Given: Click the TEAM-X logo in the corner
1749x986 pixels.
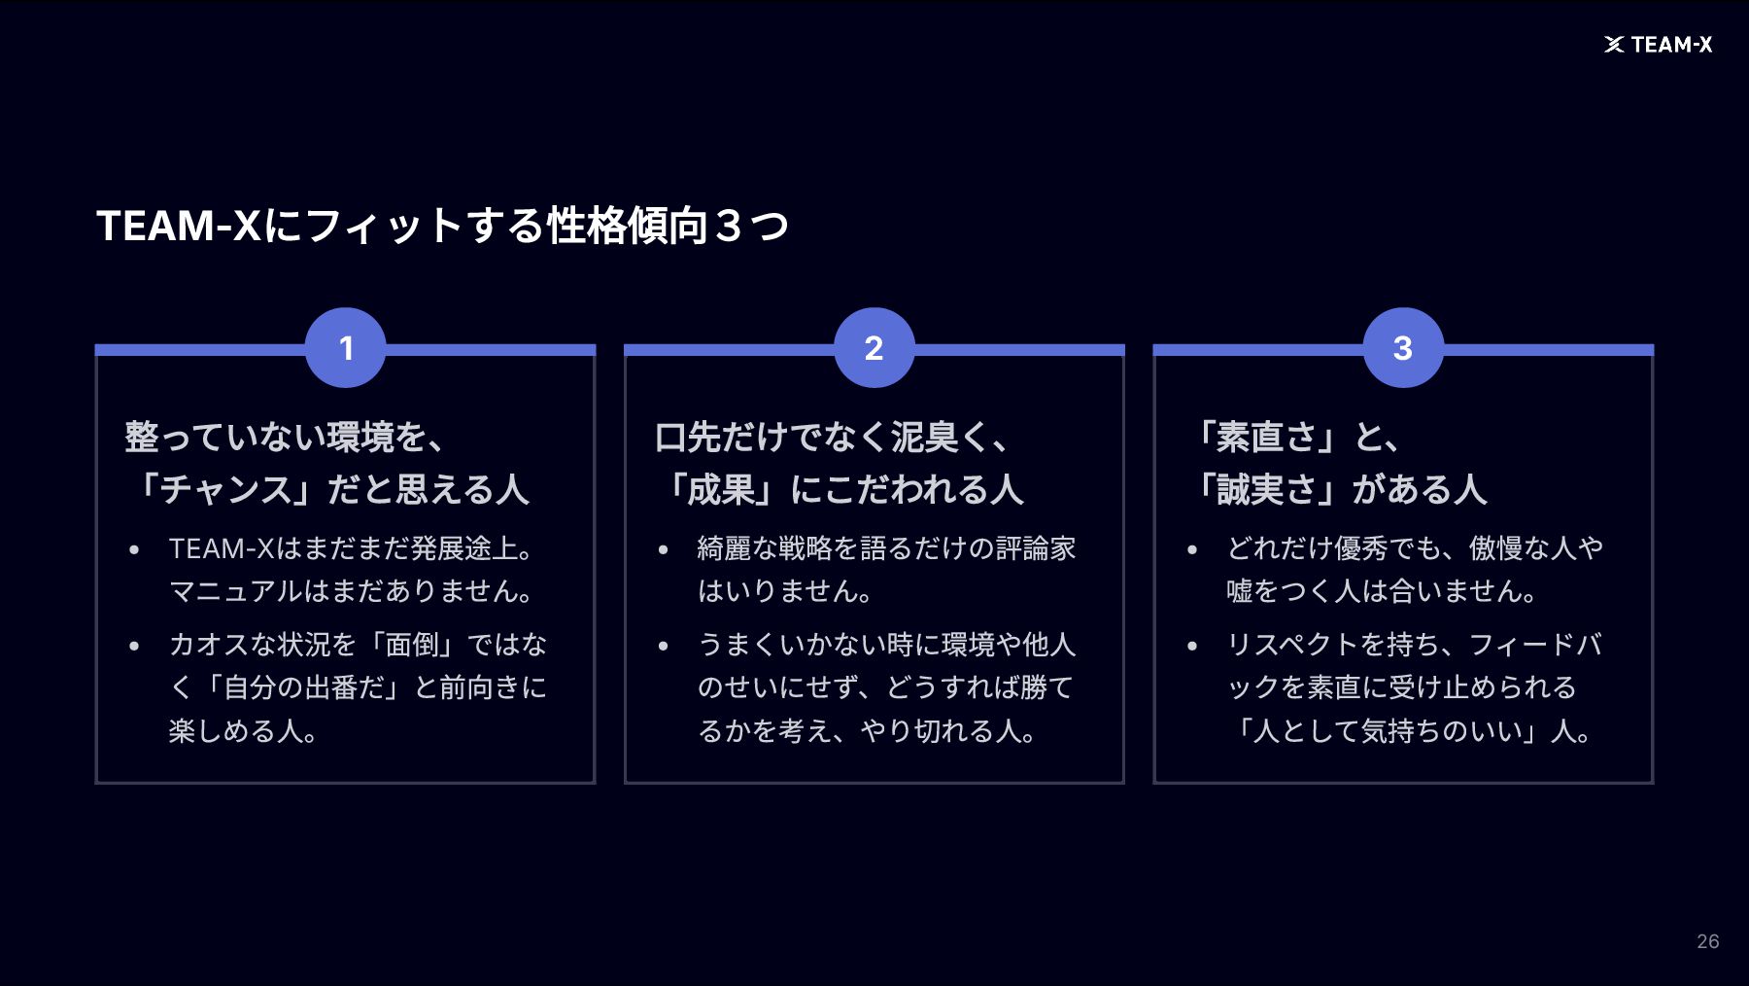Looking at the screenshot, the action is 1658,45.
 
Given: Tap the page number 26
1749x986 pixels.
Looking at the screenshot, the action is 1707,941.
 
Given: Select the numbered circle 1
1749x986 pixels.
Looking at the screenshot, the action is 346,348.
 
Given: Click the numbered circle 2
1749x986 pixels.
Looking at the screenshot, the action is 874,348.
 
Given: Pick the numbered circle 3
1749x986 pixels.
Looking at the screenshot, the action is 1402,348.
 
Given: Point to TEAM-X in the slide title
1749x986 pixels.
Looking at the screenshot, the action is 179,226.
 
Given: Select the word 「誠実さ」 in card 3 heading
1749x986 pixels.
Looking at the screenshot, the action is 1268,489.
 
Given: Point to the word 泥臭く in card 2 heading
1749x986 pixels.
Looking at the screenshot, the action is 924,437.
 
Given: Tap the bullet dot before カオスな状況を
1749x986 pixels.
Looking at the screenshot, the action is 135,646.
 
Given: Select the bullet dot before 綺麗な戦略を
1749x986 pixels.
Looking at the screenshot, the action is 664,549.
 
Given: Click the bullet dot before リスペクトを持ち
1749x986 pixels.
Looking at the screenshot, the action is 1192,646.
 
